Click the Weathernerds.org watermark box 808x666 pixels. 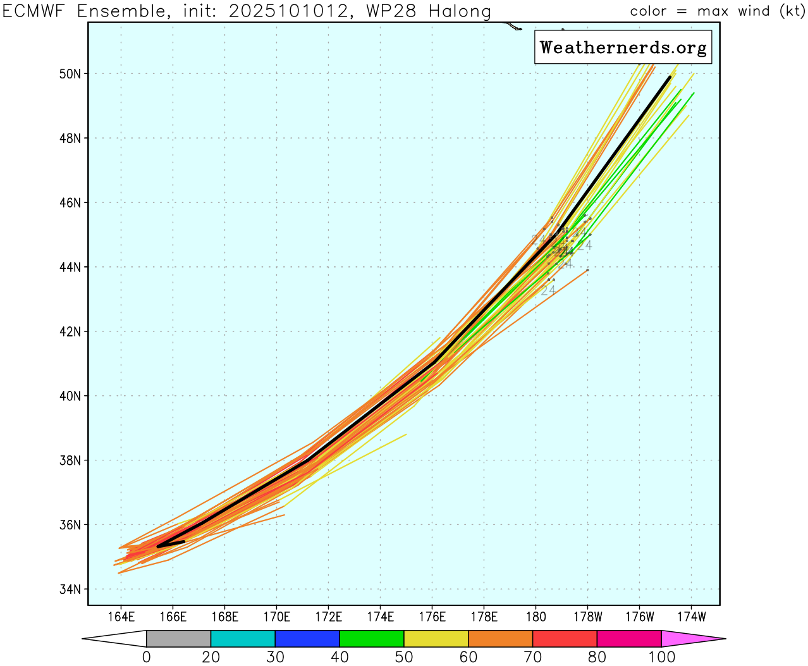click(623, 47)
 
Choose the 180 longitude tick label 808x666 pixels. click(536, 617)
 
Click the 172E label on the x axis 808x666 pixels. click(328, 617)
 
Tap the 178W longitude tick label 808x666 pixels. click(587, 617)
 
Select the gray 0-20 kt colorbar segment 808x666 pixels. click(178, 639)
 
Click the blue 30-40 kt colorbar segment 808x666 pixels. click(307, 639)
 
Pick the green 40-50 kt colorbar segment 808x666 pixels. click(372, 639)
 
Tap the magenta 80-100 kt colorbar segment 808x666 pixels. click(629, 639)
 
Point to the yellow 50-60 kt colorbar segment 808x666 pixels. click(436, 639)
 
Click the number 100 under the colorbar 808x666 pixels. click(661, 657)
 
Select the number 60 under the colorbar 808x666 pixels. click(468, 657)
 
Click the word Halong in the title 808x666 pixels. click(458, 11)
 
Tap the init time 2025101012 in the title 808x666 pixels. click(290, 11)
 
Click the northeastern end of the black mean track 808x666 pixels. click(670, 77)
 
